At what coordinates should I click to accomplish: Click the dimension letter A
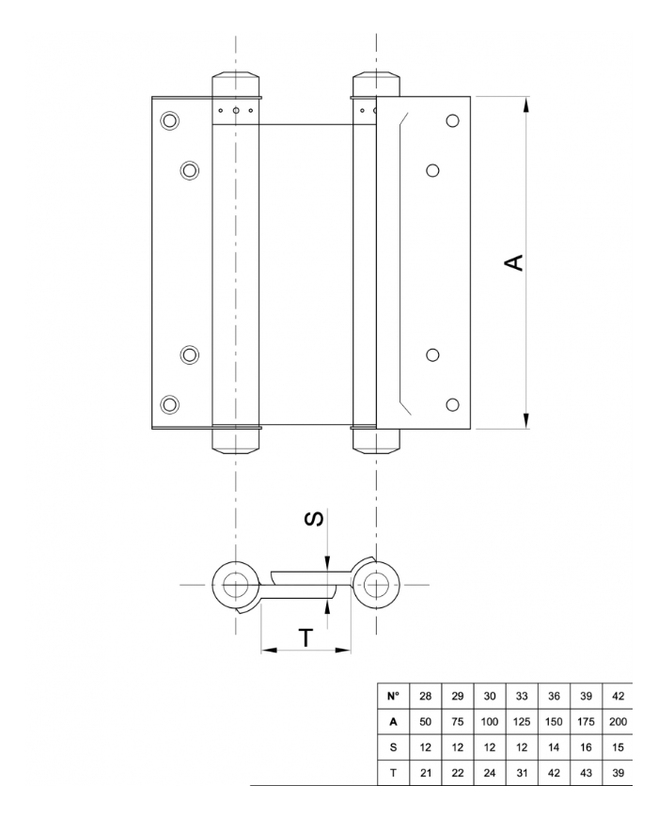514,262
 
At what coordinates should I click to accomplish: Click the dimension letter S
316,518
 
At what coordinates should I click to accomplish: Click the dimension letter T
305,638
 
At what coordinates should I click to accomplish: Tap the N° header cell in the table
393,697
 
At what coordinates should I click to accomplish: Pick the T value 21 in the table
426,772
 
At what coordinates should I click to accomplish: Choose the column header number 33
521,697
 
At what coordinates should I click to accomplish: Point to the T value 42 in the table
553,772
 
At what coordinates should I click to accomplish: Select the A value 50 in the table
426,722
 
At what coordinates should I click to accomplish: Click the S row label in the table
393,746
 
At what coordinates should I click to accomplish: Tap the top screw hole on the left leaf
169,120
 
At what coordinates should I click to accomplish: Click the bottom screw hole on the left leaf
169,404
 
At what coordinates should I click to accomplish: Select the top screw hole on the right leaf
452,121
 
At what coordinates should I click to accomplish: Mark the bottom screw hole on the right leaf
452,404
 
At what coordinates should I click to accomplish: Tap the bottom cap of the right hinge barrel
377,441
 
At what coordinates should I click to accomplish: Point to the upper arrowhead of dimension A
525,103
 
